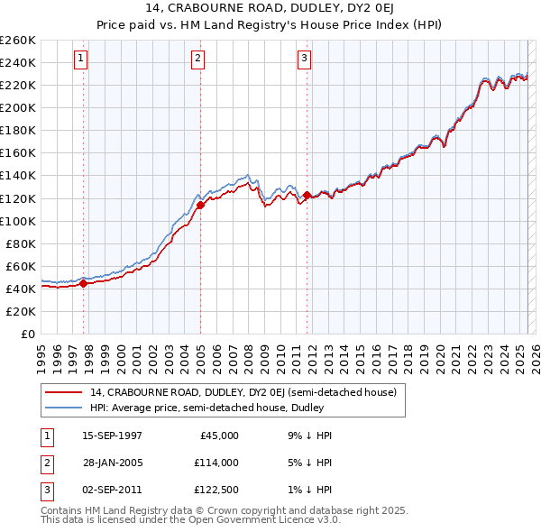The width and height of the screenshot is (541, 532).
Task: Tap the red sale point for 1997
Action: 83,283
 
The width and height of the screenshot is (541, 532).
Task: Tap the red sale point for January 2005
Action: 200,205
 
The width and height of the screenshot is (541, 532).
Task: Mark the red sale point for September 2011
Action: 307,195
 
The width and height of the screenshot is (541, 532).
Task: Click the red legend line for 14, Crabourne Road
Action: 63,392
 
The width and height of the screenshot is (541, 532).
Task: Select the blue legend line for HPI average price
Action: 63,408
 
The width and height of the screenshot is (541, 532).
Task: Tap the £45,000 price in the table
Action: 218,436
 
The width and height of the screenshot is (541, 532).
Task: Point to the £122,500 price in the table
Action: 216,490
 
